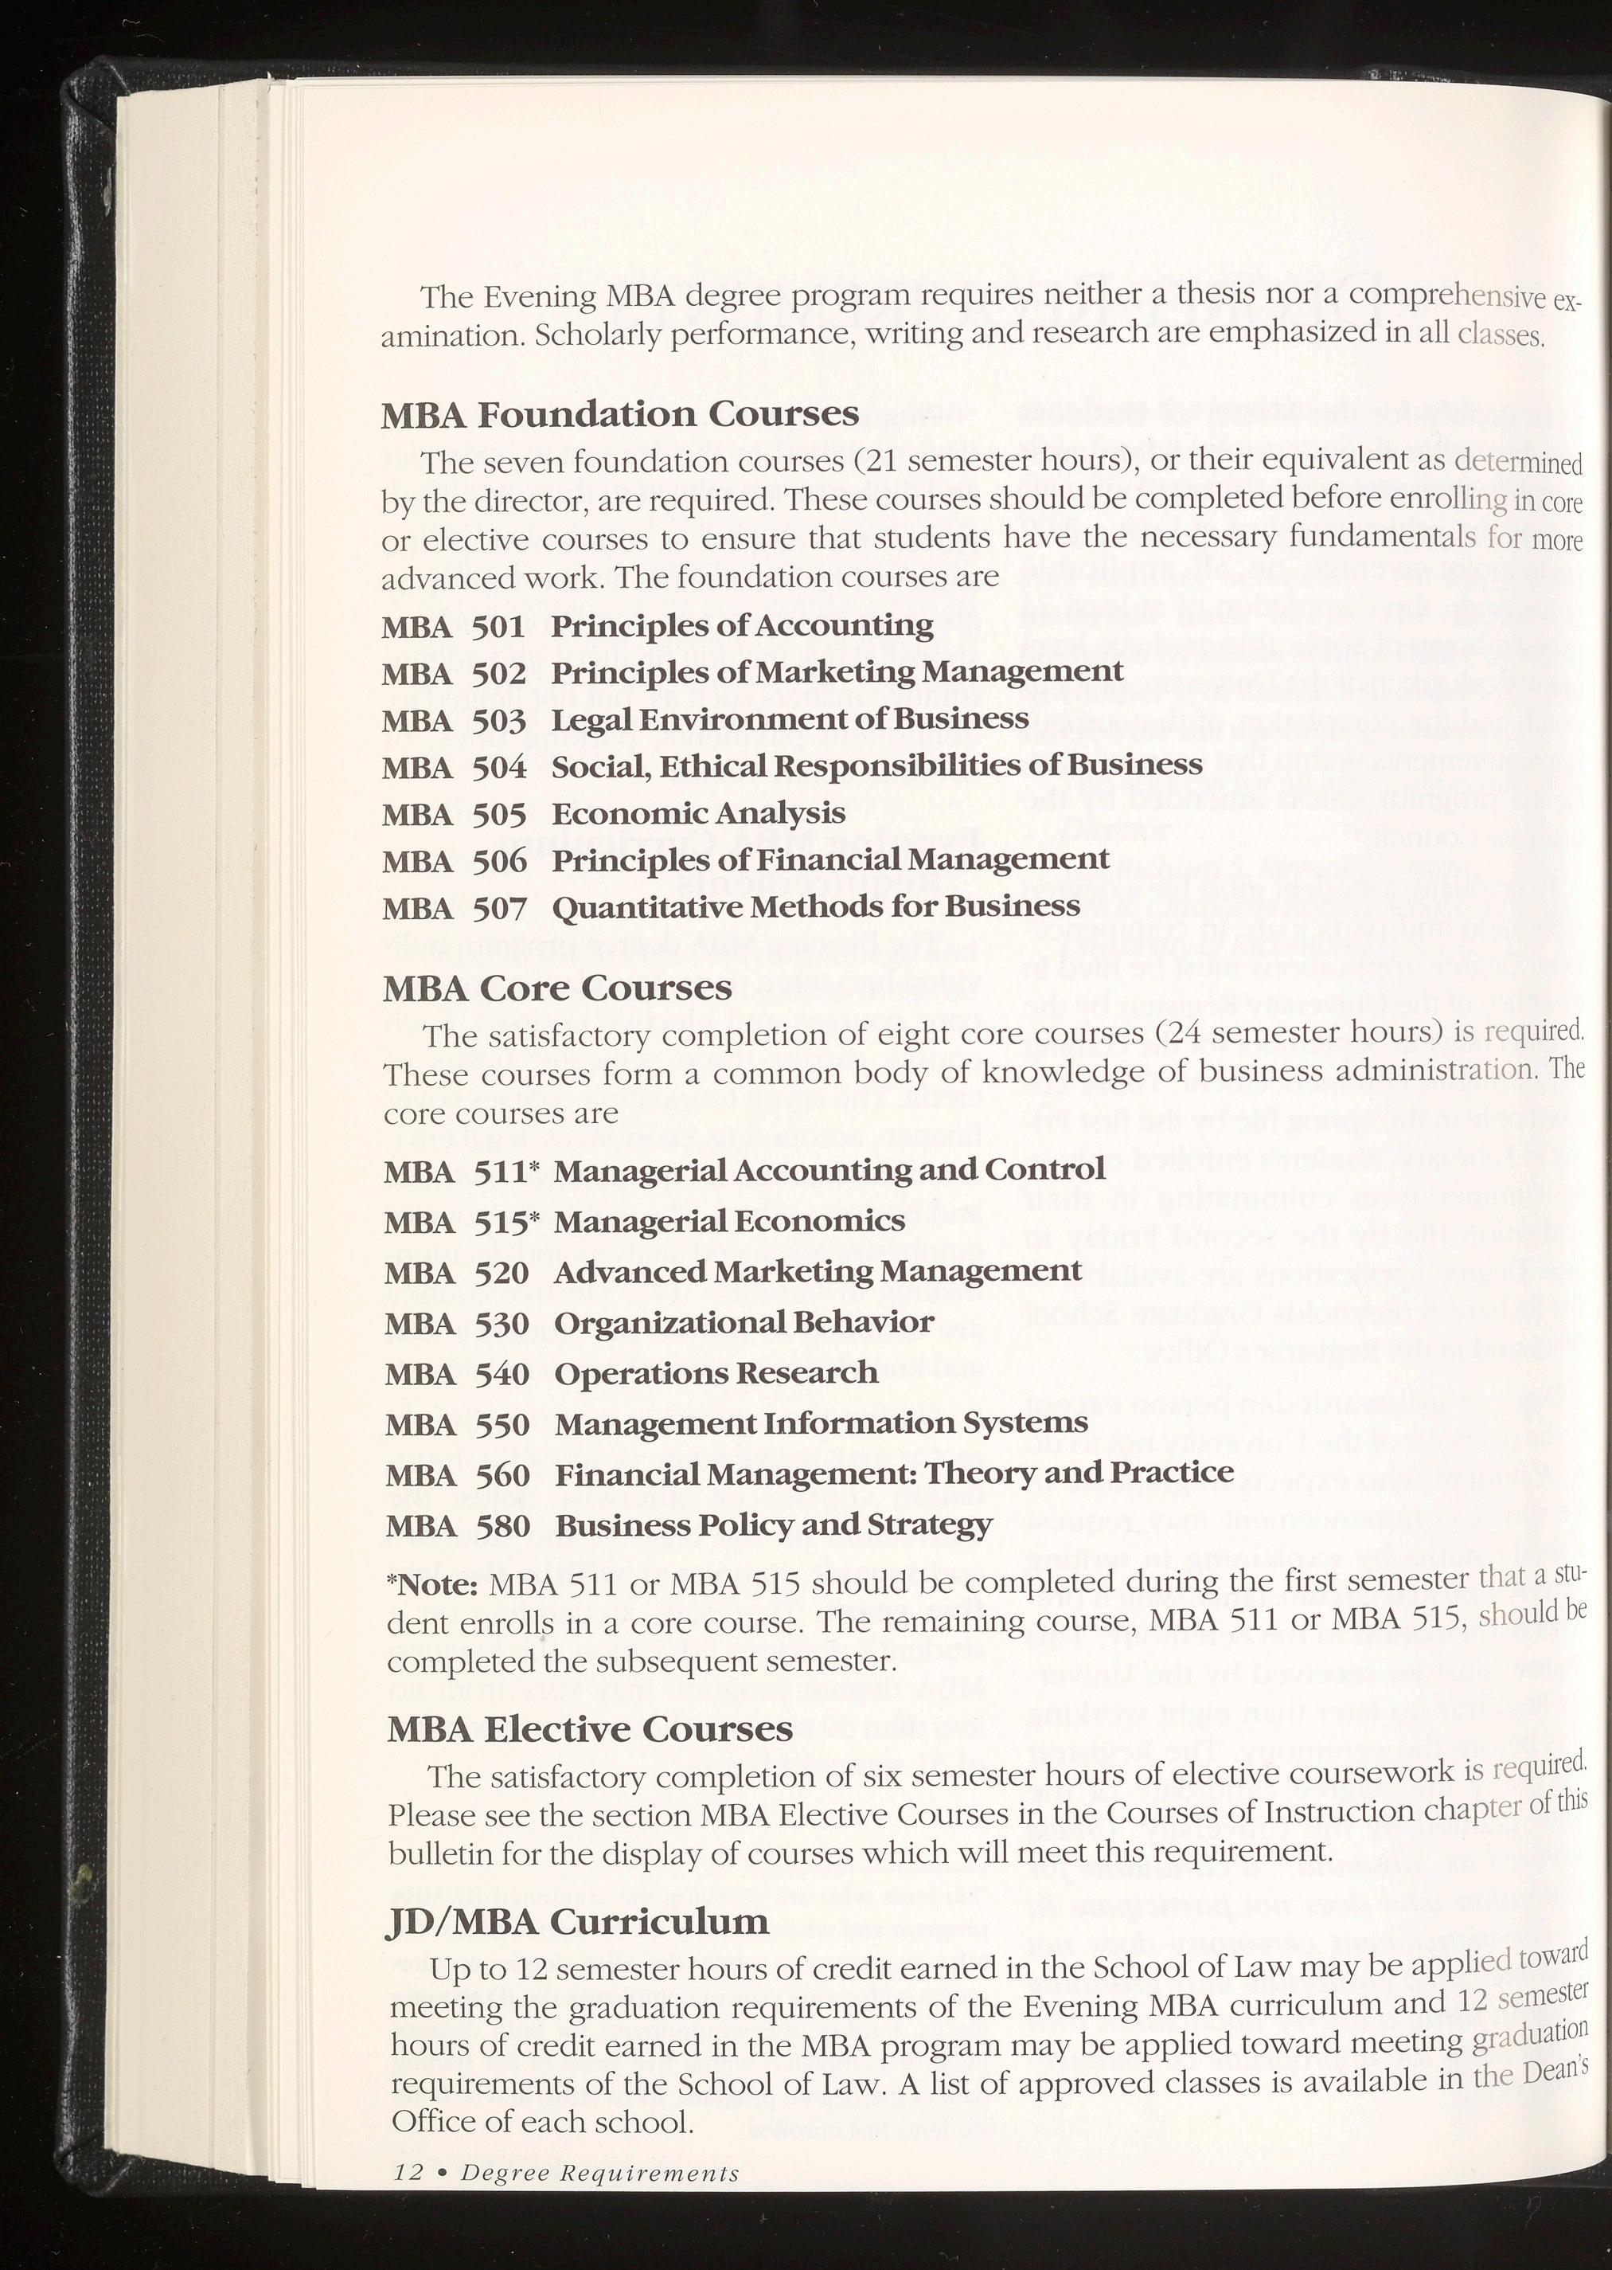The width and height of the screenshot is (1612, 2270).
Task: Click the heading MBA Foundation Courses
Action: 619,414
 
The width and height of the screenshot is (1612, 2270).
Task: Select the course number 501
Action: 498,627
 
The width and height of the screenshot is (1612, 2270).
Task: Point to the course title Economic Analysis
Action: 698,813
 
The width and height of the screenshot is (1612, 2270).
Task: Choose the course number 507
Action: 498,908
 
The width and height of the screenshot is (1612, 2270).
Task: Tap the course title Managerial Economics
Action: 728,1220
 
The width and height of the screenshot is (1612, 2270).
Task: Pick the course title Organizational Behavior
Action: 744,1323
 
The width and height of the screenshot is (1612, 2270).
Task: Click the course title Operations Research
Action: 716,1373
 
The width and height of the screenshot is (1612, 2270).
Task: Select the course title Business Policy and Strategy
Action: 773,1525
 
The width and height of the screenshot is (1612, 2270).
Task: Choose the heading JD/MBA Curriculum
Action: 576,1921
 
